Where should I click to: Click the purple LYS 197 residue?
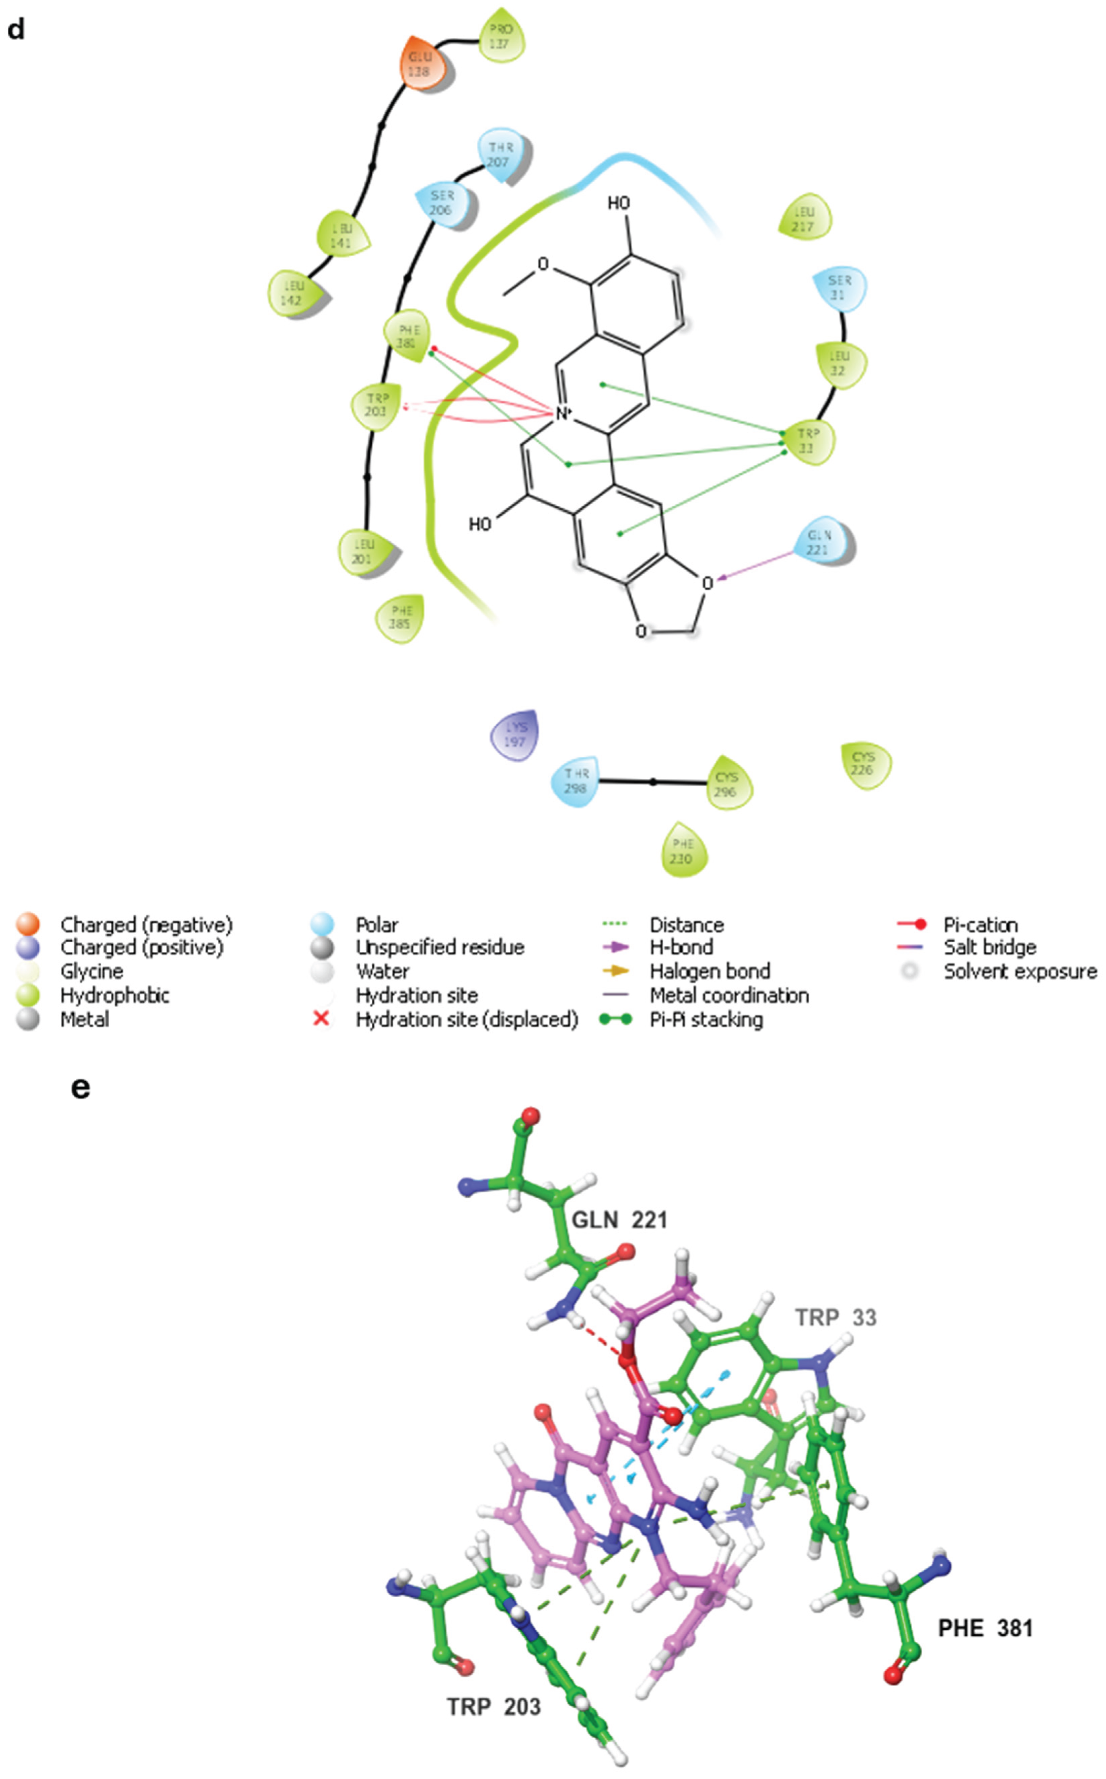(x=515, y=734)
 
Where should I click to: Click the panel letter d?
(x=16, y=29)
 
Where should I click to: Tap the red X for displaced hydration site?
(x=320, y=1019)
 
